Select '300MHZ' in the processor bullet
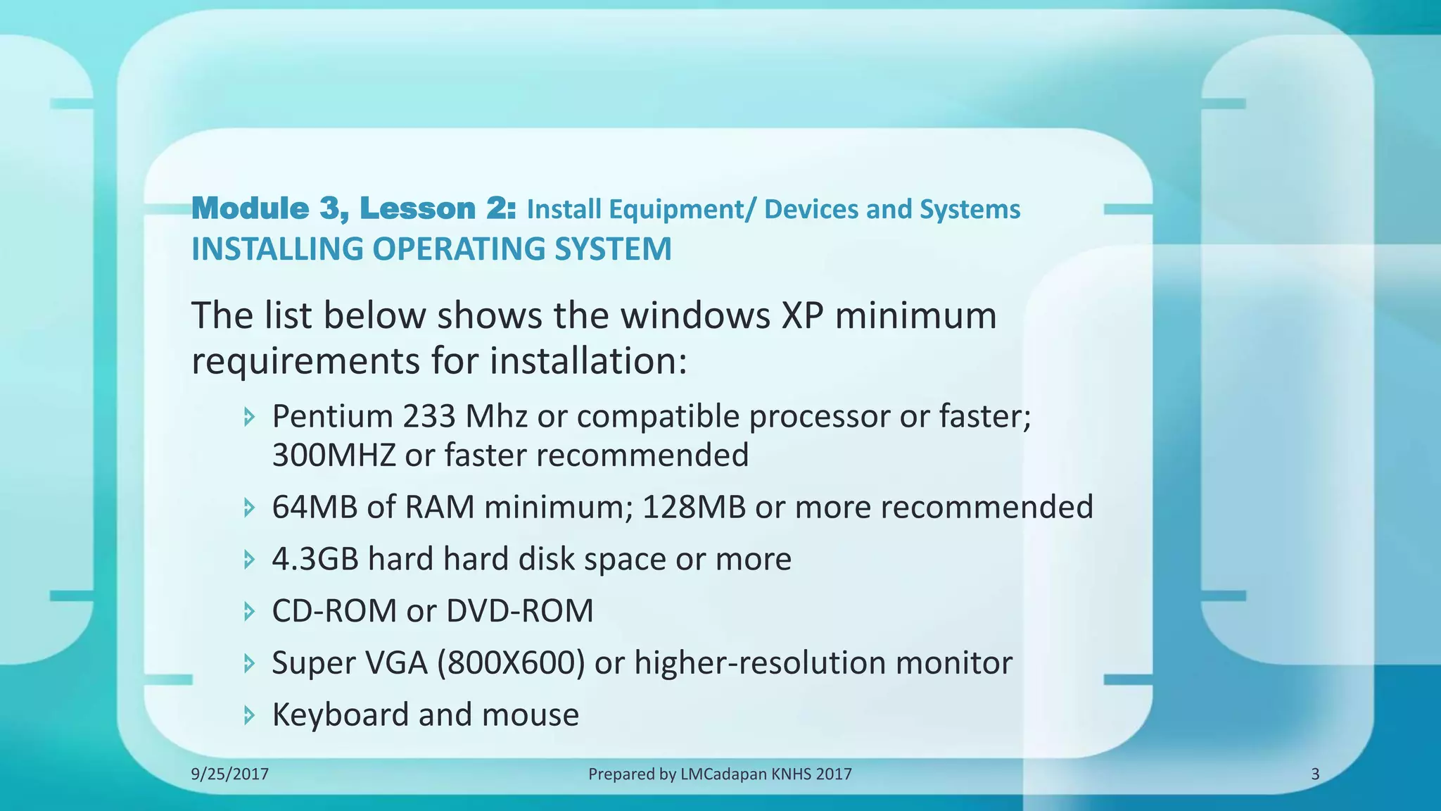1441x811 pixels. click(x=334, y=455)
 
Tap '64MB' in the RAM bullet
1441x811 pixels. click(x=315, y=507)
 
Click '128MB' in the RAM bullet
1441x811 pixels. click(x=694, y=507)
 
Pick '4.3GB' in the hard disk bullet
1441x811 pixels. click(x=315, y=559)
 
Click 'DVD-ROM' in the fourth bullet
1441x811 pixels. click(x=520, y=610)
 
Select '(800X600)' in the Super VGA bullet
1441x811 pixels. click(x=511, y=662)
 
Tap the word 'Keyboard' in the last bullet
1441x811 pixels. click(x=341, y=715)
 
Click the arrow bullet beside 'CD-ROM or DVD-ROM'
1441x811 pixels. click(x=249, y=611)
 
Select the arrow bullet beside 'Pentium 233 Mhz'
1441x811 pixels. click(x=249, y=417)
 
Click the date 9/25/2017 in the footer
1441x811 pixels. click(x=230, y=774)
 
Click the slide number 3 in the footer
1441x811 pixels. click(x=1315, y=774)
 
